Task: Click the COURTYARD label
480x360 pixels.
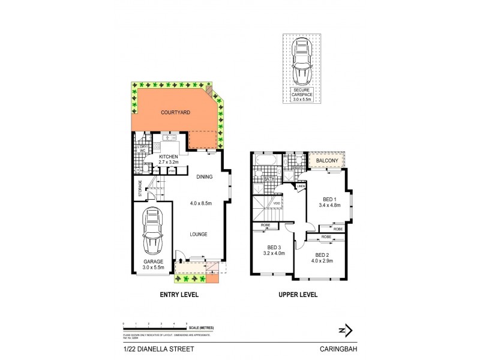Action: pyautogui.click(x=175, y=112)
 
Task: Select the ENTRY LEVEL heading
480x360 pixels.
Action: pyautogui.click(x=178, y=295)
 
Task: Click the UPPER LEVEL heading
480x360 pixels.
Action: pyautogui.click(x=297, y=295)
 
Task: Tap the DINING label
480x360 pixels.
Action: pyautogui.click(x=206, y=176)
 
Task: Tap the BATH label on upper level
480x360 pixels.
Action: pyautogui.click(x=269, y=179)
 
